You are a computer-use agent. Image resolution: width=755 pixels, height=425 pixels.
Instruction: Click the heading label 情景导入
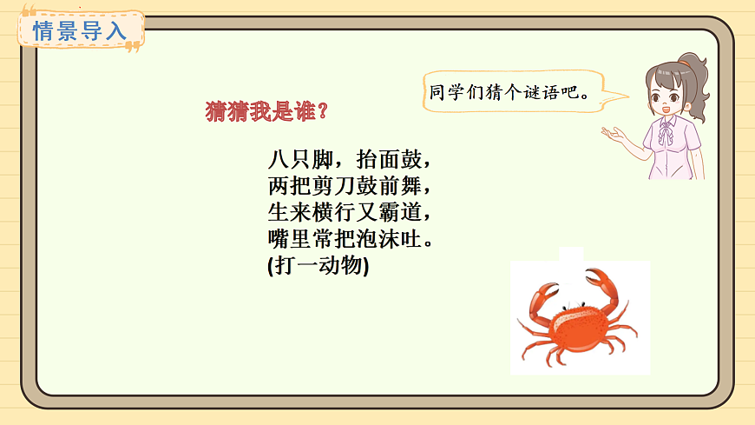click(79, 32)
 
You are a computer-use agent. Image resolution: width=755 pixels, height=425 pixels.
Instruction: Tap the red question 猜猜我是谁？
click(266, 112)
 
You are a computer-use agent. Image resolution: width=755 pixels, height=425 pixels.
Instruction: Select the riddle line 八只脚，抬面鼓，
click(350, 161)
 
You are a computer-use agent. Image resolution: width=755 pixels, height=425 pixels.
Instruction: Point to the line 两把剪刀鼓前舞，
click(350, 186)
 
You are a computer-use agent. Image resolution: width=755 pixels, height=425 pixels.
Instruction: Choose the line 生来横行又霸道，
click(350, 212)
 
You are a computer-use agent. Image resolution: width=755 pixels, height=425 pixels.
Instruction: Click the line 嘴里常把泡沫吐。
click(350, 238)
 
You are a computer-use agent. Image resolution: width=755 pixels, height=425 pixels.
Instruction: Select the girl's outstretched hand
click(616, 134)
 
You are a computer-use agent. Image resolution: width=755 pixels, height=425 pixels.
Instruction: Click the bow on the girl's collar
click(666, 129)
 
